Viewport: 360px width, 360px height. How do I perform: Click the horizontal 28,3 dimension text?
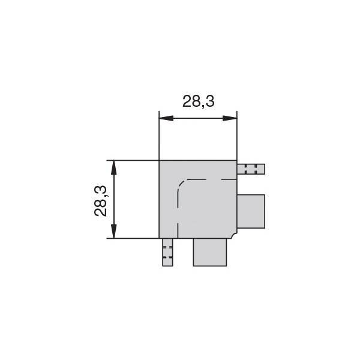(x=199, y=101)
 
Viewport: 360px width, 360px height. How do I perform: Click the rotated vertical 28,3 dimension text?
(x=101, y=201)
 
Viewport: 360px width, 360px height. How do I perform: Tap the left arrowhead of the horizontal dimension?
(x=166, y=118)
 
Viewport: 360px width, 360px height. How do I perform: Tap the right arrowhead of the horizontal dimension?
(x=230, y=118)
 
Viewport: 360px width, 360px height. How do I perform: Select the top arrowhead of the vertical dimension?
(x=113, y=167)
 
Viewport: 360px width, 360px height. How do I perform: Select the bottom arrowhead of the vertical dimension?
(x=113, y=231)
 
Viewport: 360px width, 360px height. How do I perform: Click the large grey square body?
(x=198, y=199)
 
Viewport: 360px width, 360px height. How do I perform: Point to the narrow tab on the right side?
(x=251, y=169)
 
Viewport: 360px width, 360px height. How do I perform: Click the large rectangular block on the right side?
(x=251, y=211)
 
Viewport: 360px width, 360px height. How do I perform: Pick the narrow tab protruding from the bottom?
(x=167, y=253)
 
